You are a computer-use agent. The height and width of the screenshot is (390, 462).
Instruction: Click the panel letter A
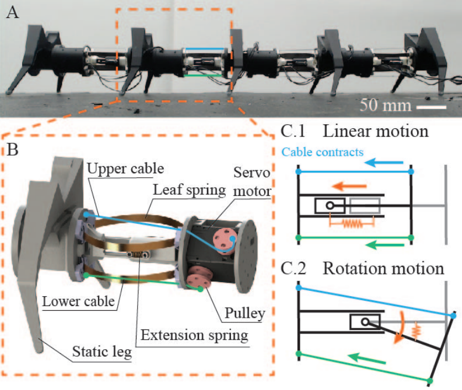12,13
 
